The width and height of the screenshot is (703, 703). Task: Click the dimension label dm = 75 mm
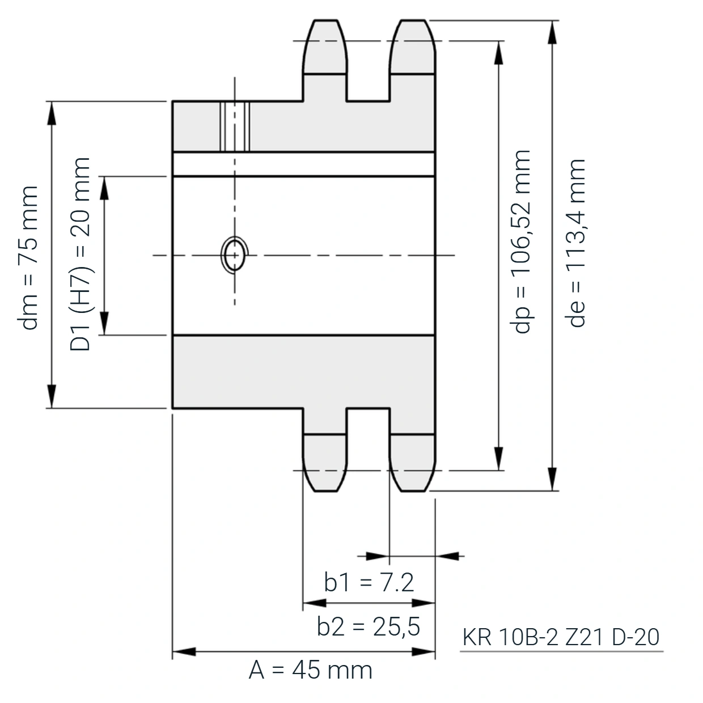point(28,258)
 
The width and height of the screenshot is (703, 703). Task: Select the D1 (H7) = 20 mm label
point(80,255)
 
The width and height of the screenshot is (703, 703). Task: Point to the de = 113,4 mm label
point(575,243)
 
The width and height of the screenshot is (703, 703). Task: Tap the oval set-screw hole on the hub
point(235,255)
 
